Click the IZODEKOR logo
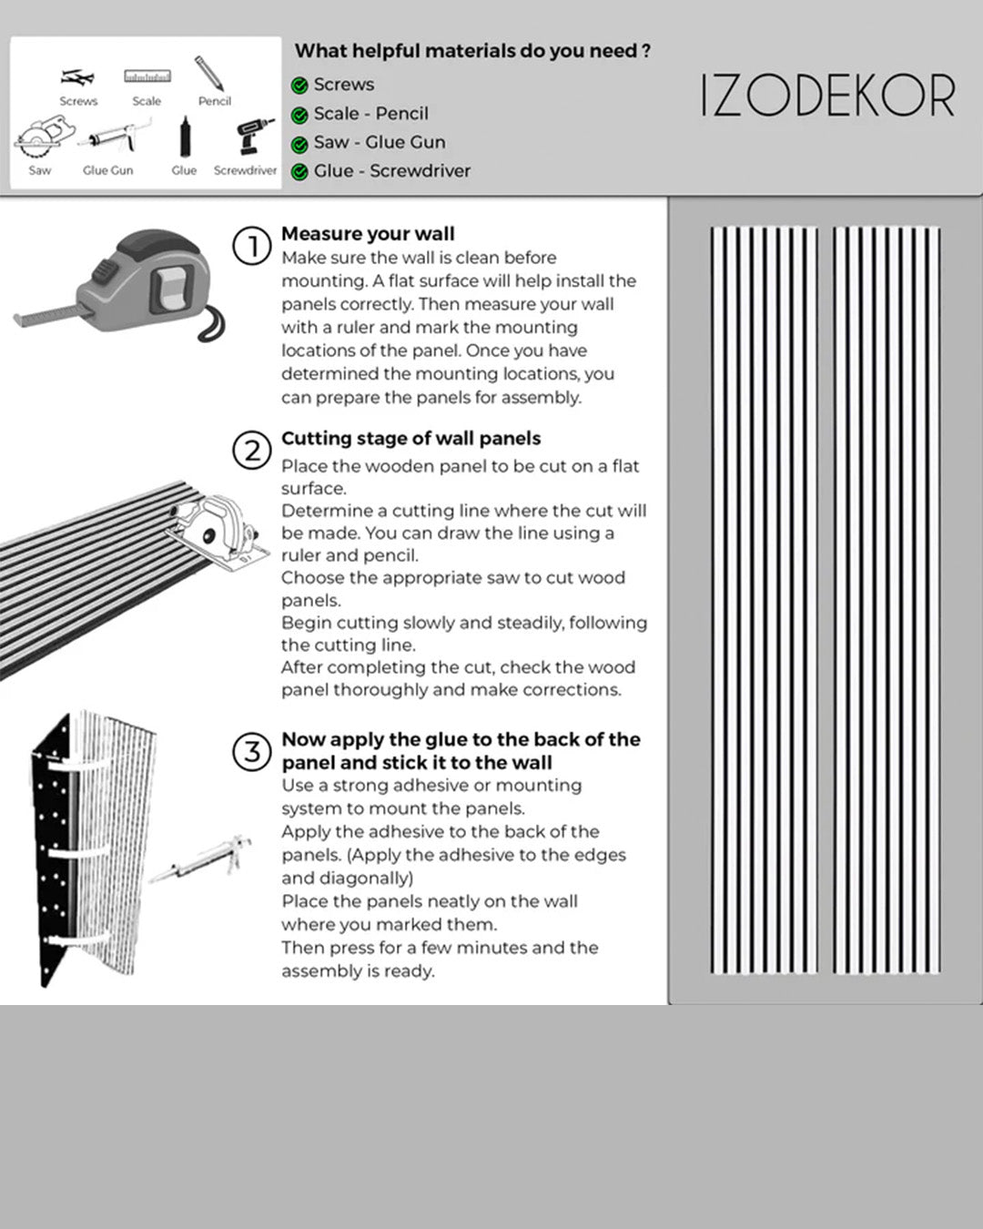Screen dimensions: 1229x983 coord(827,96)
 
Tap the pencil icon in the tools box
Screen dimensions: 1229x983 coord(209,74)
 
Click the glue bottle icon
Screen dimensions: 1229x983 coord(184,138)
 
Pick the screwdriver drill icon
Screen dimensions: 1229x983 coord(254,137)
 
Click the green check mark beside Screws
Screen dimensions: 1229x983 coord(299,86)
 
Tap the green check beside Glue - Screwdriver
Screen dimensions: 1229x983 coord(299,172)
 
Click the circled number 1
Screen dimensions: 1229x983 coord(252,246)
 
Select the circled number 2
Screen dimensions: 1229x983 coord(252,451)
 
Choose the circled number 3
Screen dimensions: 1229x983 coord(252,752)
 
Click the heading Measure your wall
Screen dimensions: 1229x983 coord(368,234)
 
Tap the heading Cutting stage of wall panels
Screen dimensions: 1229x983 coord(410,438)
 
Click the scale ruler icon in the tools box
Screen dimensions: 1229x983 coord(147,76)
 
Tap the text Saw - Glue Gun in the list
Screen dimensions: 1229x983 coord(380,143)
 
